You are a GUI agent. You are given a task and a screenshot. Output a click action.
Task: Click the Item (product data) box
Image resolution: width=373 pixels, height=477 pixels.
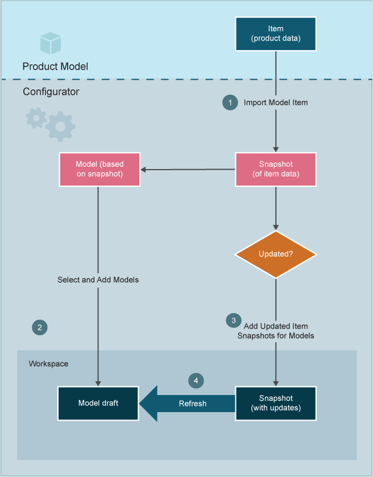click(276, 33)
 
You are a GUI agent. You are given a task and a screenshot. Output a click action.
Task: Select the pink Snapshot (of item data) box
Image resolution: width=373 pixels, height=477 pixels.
click(276, 169)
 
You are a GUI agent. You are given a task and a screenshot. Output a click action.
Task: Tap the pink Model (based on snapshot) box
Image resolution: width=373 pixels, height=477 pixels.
click(99, 169)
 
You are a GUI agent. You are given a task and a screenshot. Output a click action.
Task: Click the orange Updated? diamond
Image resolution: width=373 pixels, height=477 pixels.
click(276, 254)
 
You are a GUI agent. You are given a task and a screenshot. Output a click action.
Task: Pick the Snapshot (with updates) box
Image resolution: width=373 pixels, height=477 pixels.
click(276, 403)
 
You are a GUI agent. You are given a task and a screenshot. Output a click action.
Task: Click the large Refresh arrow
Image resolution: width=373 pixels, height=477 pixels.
click(188, 404)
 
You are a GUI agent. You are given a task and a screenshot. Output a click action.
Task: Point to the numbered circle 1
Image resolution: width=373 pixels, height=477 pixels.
click(230, 102)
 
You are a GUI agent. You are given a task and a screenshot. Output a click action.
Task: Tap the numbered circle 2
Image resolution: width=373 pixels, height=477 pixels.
click(39, 327)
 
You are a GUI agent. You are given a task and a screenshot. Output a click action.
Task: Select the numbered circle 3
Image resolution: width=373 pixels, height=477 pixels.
click(233, 320)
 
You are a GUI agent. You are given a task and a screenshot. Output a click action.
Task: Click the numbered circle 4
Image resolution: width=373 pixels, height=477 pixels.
click(196, 380)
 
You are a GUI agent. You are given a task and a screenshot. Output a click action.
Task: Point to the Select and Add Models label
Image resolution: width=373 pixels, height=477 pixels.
click(98, 280)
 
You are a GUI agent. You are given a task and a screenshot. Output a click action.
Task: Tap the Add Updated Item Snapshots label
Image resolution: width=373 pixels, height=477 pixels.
click(276, 331)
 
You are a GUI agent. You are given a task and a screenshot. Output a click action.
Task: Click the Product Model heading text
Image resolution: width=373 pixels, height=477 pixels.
click(55, 67)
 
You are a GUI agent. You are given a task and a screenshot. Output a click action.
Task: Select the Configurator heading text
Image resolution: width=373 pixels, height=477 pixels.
click(51, 92)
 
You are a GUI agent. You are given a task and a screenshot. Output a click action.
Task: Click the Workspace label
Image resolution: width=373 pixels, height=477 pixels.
click(48, 363)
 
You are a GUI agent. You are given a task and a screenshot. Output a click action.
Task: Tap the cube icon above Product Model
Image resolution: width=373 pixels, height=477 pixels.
click(50, 43)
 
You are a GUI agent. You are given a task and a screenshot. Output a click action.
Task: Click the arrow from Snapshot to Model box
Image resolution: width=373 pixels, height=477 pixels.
click(188, 169)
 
